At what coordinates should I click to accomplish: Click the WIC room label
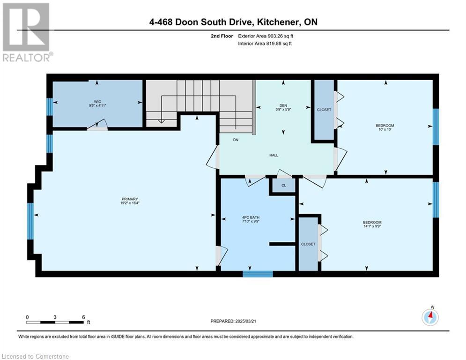97,102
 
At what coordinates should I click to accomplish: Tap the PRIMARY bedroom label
130,199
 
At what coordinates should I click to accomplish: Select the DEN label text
283,105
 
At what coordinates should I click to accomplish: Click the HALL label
274,155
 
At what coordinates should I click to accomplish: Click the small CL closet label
284,185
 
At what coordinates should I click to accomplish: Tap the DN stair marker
236,140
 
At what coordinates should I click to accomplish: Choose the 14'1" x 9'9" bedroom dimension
372,226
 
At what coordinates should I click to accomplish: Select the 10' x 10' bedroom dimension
385,129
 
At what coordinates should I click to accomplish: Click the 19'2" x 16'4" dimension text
130,203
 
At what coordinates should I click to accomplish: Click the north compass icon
430,316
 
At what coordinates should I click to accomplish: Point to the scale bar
55,322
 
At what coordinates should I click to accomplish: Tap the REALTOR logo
27,32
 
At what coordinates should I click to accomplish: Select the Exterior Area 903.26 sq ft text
266,36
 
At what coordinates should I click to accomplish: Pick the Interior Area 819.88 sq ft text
265,44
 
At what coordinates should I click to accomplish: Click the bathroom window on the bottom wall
258,274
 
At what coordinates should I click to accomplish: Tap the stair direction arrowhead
161,121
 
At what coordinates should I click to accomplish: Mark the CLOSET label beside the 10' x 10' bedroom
324,110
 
